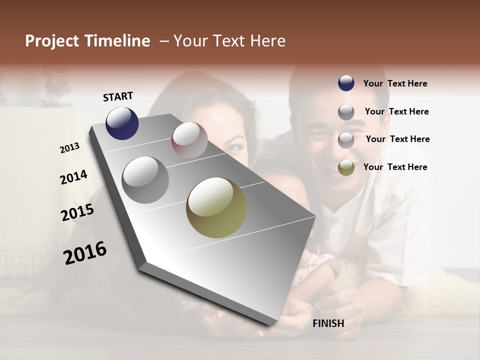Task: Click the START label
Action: (118, 96)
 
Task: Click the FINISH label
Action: (328, 323)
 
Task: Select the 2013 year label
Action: (70, 148)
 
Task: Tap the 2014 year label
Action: (74, 177)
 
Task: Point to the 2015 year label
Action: (77, 212)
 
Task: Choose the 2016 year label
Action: (85, 253)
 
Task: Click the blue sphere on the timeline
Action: (122, 123)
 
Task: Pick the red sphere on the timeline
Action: (189, 140)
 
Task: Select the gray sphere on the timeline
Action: (145, 180)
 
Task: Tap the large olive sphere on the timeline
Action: (216, 207)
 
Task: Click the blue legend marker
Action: (346, 83)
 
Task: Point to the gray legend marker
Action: (346, 112)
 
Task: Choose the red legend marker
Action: (346, 140)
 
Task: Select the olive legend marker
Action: (346, 167)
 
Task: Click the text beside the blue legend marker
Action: (395, 83)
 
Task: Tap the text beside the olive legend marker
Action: (395, 167)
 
